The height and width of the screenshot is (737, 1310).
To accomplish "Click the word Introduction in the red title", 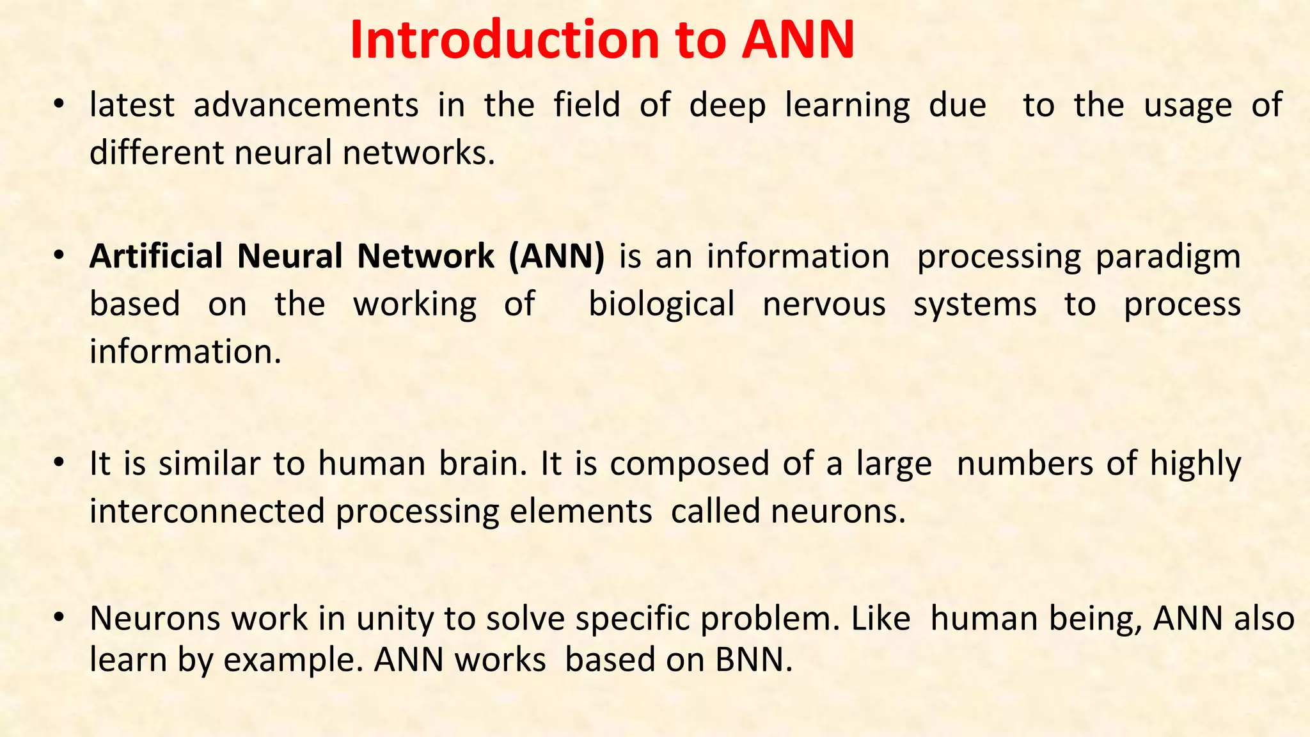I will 505,40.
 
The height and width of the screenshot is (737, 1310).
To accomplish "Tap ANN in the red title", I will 798,40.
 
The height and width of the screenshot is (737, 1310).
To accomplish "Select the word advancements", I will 306,106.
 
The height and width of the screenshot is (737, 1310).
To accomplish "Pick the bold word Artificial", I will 156,257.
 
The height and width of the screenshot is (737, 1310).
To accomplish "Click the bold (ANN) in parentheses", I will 556,257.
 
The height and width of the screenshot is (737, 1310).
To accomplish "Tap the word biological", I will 661,305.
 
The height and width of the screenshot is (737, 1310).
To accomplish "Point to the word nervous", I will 824,305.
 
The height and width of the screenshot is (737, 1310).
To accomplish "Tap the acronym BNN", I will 754,660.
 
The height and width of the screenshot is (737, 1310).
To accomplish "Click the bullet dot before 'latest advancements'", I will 59,105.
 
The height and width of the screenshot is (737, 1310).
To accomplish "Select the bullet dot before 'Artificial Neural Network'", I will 59,256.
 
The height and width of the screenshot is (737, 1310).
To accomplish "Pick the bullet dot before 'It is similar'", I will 59,463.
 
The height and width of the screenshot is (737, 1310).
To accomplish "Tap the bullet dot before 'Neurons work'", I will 59,618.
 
